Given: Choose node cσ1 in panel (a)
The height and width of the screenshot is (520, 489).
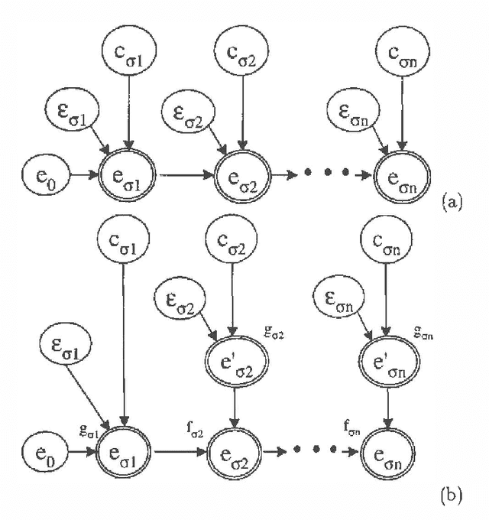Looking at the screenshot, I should (x=128, y=56).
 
